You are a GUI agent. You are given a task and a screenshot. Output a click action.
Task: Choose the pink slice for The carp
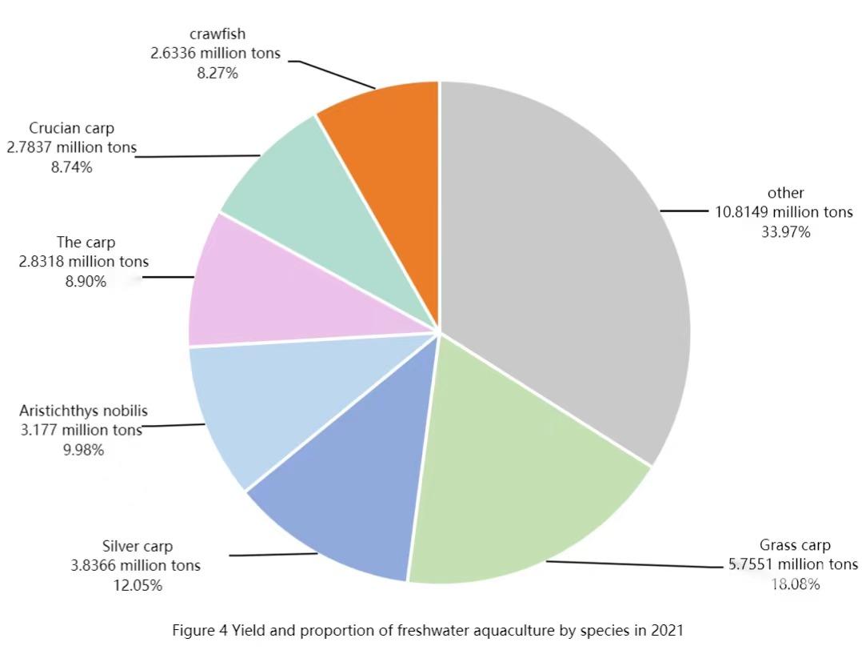pyautogui.click(x=256, y=288)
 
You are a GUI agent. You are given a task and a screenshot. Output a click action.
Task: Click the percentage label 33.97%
pyautogui.click(x=786, y=232)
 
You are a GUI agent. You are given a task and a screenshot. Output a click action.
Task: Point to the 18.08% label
pyautogui.click(x=795, y=584)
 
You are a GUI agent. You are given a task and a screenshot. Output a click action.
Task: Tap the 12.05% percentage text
pyautogui.click(x=138, y=585)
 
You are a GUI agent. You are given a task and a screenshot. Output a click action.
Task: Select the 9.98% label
pyautogui.click(x=83, y=450)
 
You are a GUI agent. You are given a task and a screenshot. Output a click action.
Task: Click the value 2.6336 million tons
pyautogui.click(x=216, y=54)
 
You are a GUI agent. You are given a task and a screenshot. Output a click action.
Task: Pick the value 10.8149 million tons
pyautogui.click(x=784, y=213)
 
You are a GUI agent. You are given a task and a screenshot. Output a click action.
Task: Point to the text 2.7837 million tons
pyautogui.click(x=72, y=148)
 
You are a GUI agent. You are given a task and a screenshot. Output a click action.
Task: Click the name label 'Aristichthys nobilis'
pyautogui.click(x=83, y=411)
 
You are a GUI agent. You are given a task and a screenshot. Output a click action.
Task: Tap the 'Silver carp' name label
pyautogui.click(x=138, y=547)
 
